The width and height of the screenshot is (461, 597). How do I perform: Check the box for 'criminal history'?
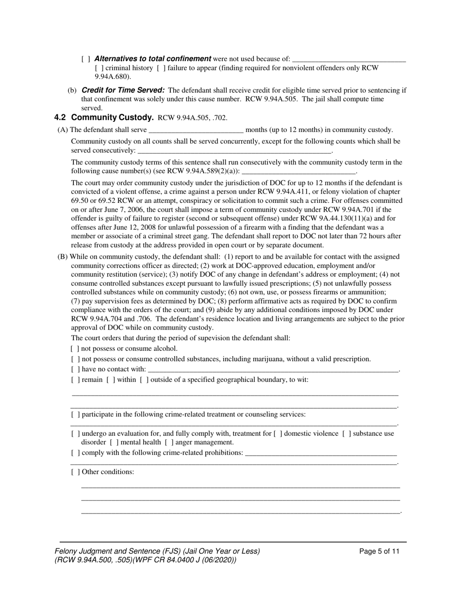click(99, 68)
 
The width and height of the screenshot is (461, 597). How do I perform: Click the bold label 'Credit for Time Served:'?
click(123, 90)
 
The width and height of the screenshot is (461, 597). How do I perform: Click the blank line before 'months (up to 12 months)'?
click(196, 130)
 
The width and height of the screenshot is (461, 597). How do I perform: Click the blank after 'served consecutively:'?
click(234, 151)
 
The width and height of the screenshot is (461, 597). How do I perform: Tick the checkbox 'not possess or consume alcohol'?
click(75, 348)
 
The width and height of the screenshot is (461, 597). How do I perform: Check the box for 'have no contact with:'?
click(75, 369)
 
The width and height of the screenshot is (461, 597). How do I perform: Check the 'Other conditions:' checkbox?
click(75, 472)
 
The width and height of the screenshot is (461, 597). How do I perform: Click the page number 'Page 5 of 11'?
click(379, 551)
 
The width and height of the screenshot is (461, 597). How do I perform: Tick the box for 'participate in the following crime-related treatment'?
click(75, 415)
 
